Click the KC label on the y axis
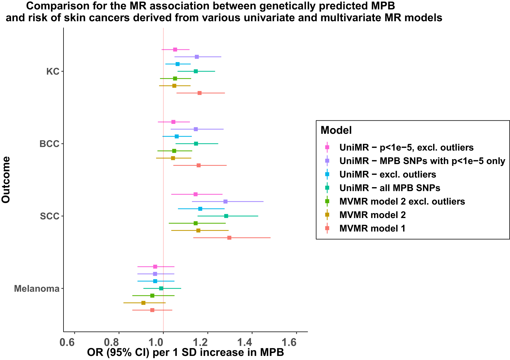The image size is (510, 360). click(x=53, y=71)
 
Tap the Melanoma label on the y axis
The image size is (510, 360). click(x=37, y=289)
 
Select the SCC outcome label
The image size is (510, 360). click(x=50, y=216)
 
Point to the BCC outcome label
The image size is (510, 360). click(x=50, y=144)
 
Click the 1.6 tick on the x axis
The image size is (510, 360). click(x=296, y=343)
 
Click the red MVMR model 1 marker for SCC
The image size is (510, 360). click(x=229, y=238)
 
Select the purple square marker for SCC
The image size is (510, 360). click(x=225, y=201)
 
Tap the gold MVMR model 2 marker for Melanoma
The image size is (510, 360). click(x=143, y=303)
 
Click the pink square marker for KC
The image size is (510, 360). click(x=175, y=50)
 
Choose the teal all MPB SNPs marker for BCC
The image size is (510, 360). click(x=196, y=144)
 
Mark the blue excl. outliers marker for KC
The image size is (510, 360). click(x=178, y=64)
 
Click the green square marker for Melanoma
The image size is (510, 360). click(x=152, y=296)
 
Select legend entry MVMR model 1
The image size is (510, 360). click(x=372, y=228)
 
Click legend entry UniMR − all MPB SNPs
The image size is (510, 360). click(x=390, y=188)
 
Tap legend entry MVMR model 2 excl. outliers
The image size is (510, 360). click(x=402, y=201)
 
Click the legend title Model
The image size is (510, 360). click(x=336, y=130)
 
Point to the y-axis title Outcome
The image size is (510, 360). click(x=6, y=180)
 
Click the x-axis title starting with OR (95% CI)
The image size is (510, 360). click(x=185, y=353)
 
